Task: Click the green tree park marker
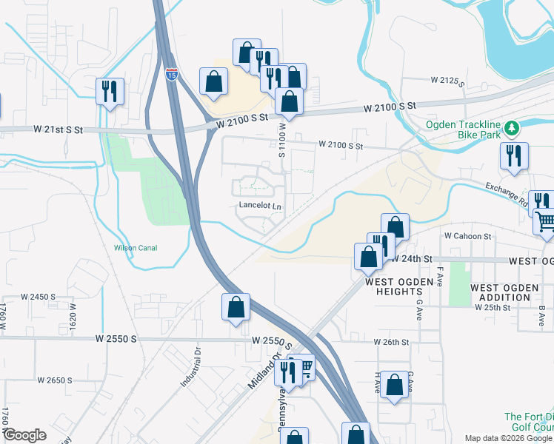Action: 511,129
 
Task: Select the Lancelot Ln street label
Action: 261,206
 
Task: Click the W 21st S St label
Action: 59,129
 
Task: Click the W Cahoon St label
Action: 468,236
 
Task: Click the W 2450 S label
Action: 39,296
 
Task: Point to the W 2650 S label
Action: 55,380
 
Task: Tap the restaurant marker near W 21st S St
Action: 110,92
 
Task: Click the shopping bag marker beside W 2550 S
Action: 236,307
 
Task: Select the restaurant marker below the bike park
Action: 513,156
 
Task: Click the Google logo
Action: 24,435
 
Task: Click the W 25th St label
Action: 493,307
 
